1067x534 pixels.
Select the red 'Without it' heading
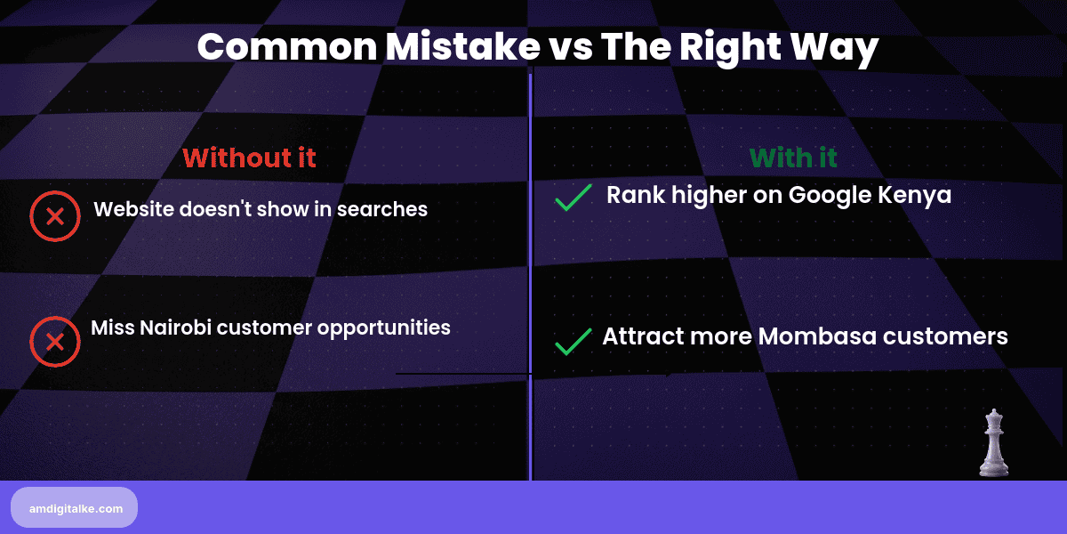click(x=249, y=158)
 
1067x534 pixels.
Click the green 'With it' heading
click(x=793, y=158)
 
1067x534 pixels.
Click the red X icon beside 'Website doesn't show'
click(x=54, y=215)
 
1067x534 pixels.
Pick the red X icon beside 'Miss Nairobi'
click(x=54, y=342)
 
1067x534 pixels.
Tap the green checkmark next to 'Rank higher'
click(x=574, y=197)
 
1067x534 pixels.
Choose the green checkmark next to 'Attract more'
click(x=574, y=341)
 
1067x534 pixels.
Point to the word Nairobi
click(x=174, y=328)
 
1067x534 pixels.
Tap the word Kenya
click(x=915, y=195)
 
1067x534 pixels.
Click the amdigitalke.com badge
click(x=75, y=508)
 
